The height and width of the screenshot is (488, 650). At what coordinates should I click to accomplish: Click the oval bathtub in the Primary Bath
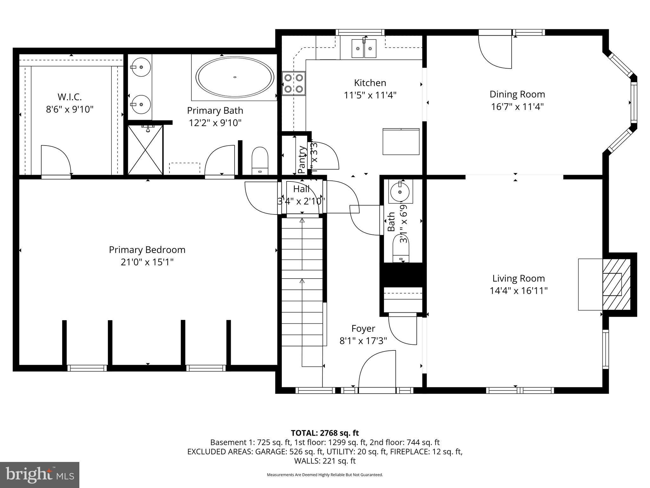235,77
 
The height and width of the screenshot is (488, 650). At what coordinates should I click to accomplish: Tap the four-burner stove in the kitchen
294,83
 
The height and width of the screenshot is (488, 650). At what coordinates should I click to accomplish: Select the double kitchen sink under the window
364,48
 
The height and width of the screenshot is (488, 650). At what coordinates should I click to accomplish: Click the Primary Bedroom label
147,250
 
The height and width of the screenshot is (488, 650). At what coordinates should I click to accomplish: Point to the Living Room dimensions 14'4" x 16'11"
519,291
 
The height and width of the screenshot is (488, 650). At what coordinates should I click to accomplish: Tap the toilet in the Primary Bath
260,161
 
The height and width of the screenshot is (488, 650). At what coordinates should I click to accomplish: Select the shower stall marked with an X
145,150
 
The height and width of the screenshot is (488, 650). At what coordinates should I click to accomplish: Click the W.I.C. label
70,97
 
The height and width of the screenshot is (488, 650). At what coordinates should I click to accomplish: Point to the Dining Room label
517,94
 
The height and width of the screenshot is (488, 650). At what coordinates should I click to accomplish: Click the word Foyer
363,329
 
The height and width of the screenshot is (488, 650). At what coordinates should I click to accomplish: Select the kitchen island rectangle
401,141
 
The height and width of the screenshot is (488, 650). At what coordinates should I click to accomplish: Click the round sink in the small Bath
400,192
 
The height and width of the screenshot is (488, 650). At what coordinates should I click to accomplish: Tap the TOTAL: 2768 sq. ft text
325,433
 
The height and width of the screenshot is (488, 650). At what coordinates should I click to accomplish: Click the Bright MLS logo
40,475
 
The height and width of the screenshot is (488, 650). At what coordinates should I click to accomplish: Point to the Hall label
301,189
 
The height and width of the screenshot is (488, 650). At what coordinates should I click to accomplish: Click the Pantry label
302,160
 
